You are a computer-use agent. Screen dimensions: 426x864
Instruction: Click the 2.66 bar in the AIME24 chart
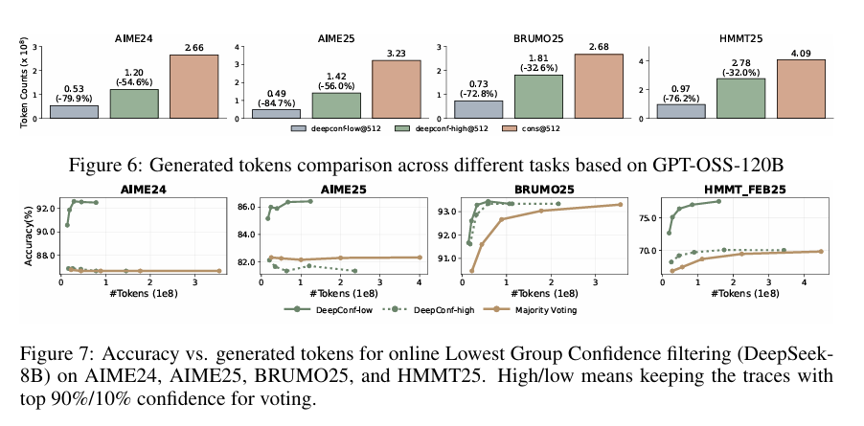pyautogui.click(x=194, y=87)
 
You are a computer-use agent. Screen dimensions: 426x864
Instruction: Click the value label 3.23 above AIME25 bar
pyautogui.click(x=396, y=53)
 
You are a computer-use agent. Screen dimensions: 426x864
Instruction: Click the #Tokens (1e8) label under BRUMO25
pyautogui.click(x=540, y=295)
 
